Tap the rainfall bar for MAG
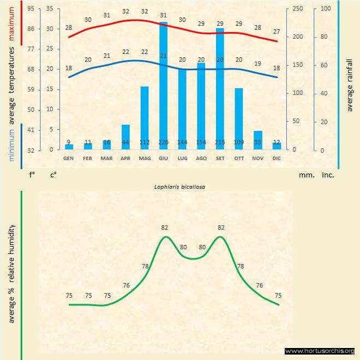(x=145, y=118)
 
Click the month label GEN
(x=69, y=158)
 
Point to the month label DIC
(x=277, y=158)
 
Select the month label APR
(x=125, y=158)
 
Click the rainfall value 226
(x=163, y=142)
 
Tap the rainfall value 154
(x=201, y=142)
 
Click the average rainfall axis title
(x=350, y=85)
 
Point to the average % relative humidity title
(x=12, y=273)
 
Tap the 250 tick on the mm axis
(x=298, y=9)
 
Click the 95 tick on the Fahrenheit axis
(x=31, y=9)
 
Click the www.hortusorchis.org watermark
(x=320, y=351)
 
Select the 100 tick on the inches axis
(x=326, y=9)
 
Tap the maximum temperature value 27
(x=277, y=32)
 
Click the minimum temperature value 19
(x=258, y=64)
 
